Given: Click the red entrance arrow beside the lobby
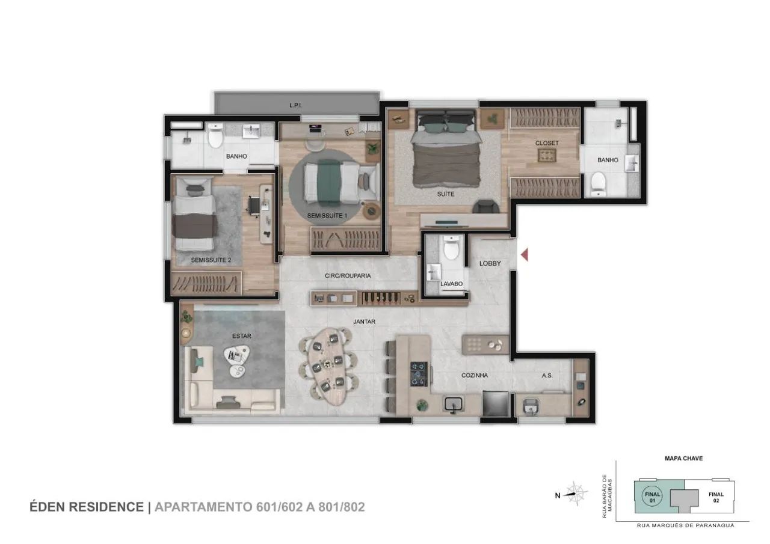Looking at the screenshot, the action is (x=524, y=255).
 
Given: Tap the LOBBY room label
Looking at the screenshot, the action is (x=490, y=263).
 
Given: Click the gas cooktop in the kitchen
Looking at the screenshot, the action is (x=419, y=374).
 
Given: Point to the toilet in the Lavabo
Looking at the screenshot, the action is (x=451, y=247).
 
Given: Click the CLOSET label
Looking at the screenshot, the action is (x=547, y=143).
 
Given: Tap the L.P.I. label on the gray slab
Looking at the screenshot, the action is (x=295, y=105).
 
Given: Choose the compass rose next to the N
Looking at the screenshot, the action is (x=576, y=494).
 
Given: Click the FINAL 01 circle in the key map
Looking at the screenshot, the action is (x=652, y=497).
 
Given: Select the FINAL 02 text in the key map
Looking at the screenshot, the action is (x=716, y=497).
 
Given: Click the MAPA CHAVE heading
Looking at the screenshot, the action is (x=684, y=458).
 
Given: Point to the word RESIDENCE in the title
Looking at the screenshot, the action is (x=111, y=507).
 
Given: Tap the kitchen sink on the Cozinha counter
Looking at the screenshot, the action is (x=454, y=404).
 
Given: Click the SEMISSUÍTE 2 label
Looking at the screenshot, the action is (x=211, y=260).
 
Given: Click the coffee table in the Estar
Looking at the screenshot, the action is (x=236, y=361).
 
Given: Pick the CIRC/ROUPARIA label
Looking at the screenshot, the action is (x=348, y=275).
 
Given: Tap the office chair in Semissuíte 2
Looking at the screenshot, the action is (x=254, y=206).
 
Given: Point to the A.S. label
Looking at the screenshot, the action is (x=547, y=375).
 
